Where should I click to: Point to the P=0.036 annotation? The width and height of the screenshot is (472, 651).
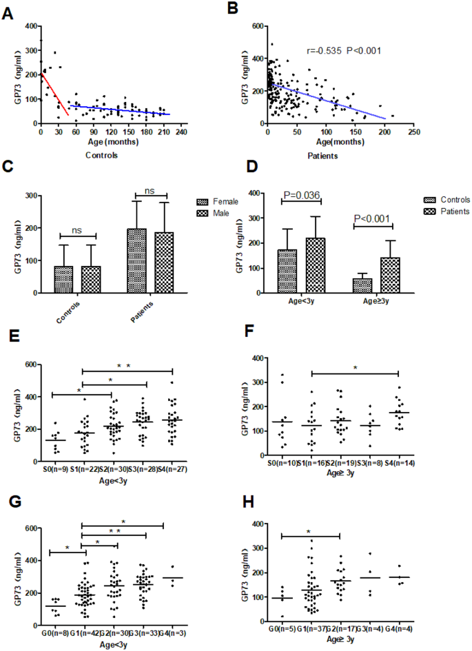point(302,195)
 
